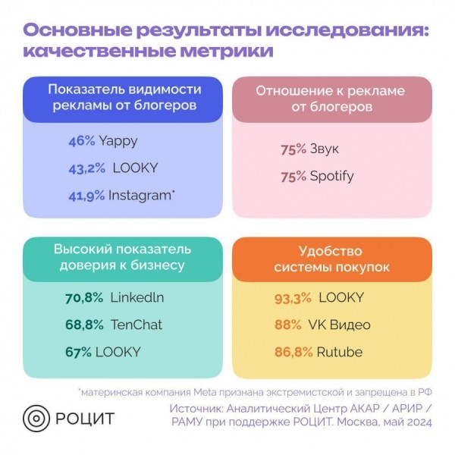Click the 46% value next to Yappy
pos(81,140)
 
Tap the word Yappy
pos(118,140)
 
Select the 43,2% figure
pos(86,168)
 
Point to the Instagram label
pos(140,195)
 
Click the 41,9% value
pos(86,195)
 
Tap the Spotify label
pos(331,176)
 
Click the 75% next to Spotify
pos(293,176)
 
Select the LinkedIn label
pos(137,297)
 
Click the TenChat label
pos(136,325)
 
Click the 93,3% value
pos(293,297)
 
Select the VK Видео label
pos(338,325)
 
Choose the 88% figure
pos(288,325)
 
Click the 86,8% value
pos(293,352)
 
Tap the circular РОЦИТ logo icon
pos(36,418)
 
